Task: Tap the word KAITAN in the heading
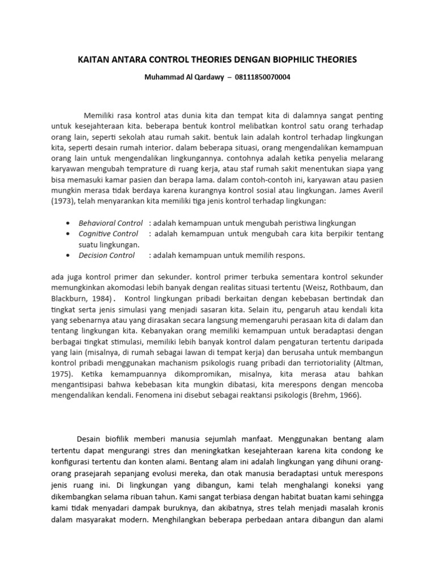[92, 59]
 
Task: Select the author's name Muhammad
[161, 77]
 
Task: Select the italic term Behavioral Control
[110, 223]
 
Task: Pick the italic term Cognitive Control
[108, 234]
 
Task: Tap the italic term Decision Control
[106, 255]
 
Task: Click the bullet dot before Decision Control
[68, 256]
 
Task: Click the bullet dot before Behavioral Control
[68, 223]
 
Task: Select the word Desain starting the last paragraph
[92, 439]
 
